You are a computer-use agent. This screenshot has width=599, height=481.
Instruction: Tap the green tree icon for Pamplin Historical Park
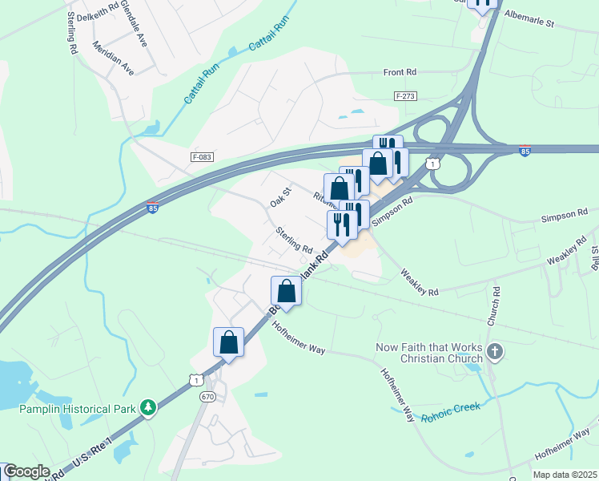(147, 408)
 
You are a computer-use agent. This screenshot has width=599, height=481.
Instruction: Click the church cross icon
(495, 351)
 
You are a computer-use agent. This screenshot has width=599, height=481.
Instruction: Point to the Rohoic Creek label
(450, 408)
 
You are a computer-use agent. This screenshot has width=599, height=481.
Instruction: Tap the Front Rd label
(400, 72)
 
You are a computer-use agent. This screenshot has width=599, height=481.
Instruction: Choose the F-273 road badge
(406, 95)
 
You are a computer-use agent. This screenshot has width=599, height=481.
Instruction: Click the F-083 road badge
(203, 157)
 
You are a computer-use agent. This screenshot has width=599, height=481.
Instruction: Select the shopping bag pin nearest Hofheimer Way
(287, 291)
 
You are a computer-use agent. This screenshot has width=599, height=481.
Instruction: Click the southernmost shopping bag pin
(228, 342)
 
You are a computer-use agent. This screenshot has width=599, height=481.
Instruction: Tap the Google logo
(26, 472)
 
